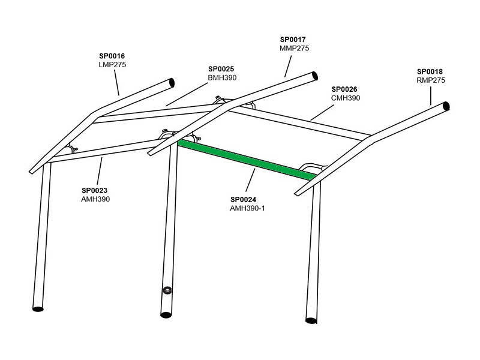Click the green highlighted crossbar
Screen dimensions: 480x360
[247, 160]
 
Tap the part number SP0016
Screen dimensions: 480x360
[112, 56]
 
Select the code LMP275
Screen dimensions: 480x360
[112, 65]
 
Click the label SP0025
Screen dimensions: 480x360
[221, 69]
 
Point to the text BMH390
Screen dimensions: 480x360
[222, 78]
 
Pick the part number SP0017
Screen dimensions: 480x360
[293, 40]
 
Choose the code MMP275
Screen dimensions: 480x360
[295, 49]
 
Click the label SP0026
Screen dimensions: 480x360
[344, 89]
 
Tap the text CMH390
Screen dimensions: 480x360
[346, 98]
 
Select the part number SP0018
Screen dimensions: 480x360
[430, 71]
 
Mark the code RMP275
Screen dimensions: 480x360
[431, 80]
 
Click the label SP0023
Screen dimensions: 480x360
[95, 190]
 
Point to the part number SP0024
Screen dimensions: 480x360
[244, 200]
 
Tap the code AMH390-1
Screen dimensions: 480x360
[247, 208]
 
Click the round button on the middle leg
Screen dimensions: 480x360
[167, 290]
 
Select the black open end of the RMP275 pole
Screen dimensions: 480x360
[446, 106]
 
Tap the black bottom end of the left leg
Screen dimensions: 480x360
[38, 309]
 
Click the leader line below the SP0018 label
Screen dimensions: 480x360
[431, 96]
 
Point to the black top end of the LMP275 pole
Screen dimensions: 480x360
[172, 83]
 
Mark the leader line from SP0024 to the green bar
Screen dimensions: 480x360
[250, 180]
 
